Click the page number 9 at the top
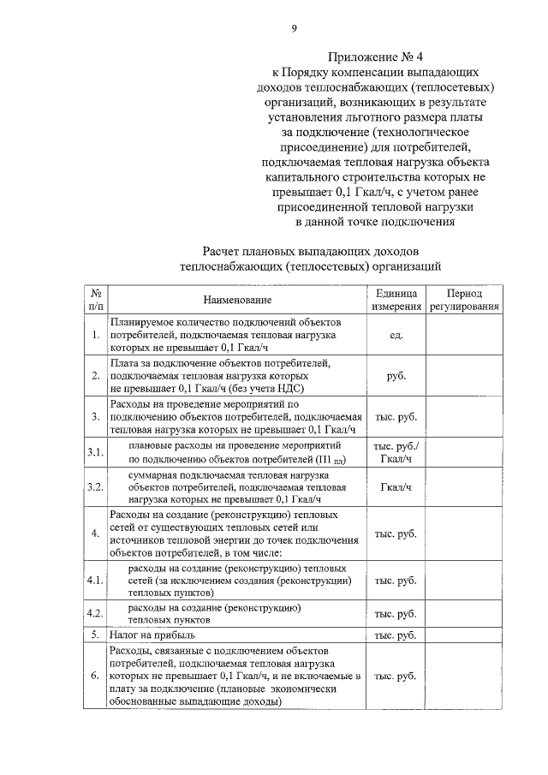[x=294, y=29]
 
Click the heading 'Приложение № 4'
[x=369, y=57]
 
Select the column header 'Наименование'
[x=237, y=300]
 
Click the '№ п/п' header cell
[x=96, y=300]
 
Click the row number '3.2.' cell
[x=96, y=487]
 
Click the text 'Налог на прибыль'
[x=152, y=635]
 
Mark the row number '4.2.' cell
[x=96, y=613]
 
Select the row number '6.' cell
[x=96, y=677]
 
